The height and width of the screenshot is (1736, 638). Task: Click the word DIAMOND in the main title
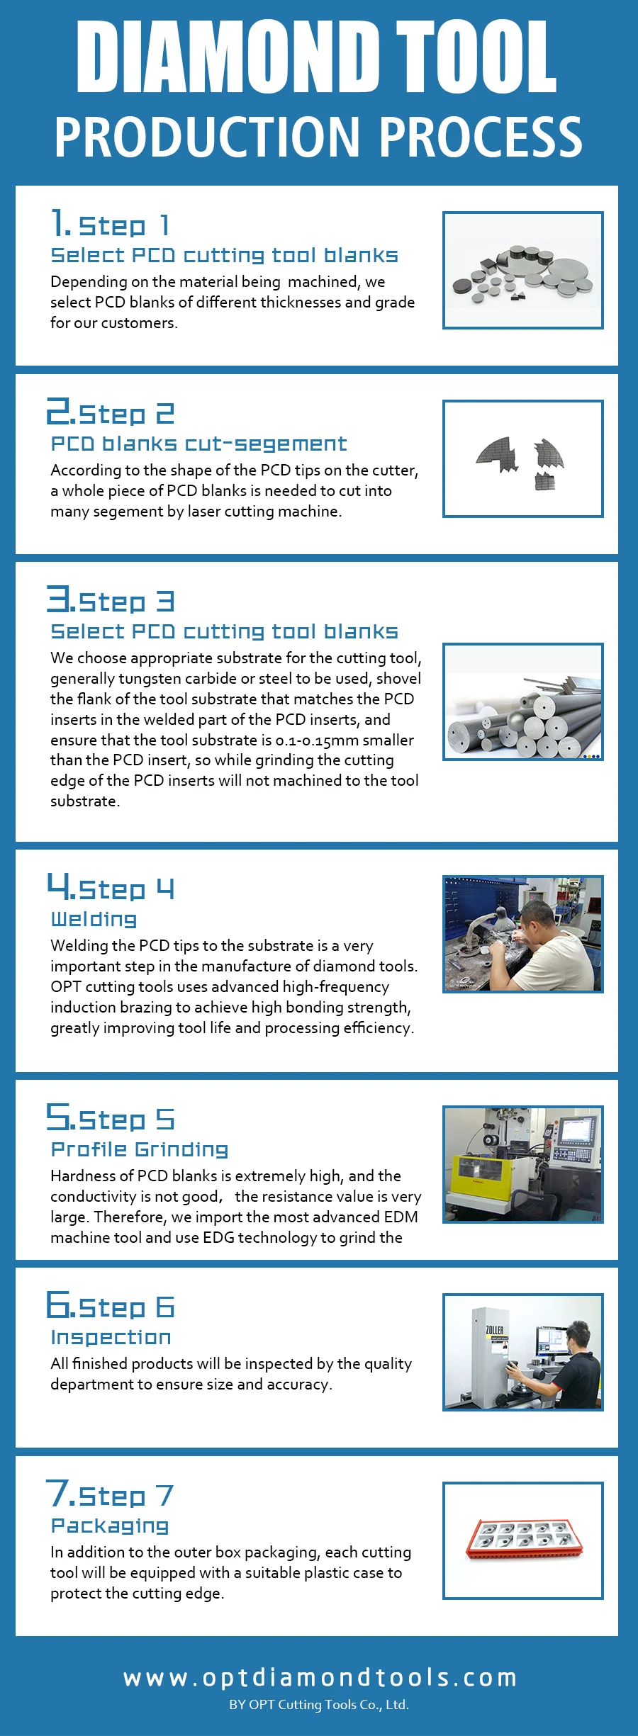228,57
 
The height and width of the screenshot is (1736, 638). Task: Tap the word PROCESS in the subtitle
481,137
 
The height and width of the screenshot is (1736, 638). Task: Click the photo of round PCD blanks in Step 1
523,270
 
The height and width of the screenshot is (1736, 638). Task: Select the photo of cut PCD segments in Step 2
523,458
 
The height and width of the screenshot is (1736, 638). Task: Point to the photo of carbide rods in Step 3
523,701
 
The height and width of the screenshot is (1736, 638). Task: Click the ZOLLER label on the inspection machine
495,1330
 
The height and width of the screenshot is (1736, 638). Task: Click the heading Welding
94,919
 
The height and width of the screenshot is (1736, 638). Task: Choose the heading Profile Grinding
140,1149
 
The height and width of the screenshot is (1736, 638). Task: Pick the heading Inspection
111,1337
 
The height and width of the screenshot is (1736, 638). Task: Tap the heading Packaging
110,1526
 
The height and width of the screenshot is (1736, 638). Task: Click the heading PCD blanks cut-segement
199,444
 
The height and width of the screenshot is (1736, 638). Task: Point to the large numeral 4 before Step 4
57,885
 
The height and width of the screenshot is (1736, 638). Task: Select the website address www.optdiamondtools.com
320,1678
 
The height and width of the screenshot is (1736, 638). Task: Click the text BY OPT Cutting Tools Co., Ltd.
319,1705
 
